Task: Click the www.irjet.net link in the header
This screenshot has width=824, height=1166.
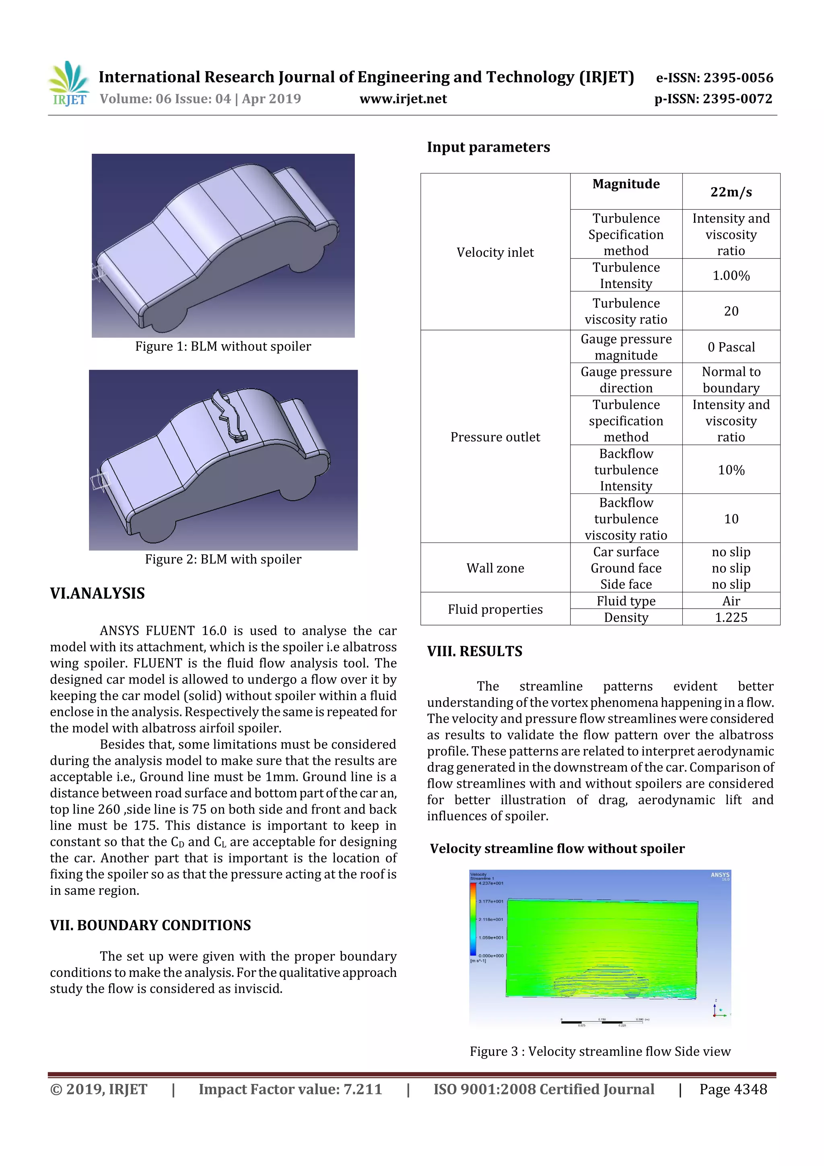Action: [403, 99]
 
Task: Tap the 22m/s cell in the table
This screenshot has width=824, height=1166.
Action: [731, 192]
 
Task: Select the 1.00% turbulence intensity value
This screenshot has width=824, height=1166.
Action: [731, 275]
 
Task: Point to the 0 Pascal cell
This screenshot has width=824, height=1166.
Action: [731, 347]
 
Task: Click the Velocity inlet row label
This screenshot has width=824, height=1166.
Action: [495, 252]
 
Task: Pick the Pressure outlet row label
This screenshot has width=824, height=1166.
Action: [495, 437]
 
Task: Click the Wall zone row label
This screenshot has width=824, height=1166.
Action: [495, 568]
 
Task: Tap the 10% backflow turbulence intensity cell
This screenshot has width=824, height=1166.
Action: [731, 470]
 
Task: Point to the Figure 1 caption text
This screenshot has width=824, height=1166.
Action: [223, 347]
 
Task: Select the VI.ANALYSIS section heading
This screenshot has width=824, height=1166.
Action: [97, 593]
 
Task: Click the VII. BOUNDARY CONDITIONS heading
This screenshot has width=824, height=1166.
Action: [150, 925]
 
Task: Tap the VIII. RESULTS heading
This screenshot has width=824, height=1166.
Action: [474, 651]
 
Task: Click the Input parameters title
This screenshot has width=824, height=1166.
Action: [488, 147]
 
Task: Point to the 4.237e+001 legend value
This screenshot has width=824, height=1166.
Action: [490, 883]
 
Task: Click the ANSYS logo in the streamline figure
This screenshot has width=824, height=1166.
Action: [719, 875]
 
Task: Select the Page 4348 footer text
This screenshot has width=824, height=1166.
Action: [733, 1089]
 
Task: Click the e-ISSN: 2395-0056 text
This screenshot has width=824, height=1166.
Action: [714, 78]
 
